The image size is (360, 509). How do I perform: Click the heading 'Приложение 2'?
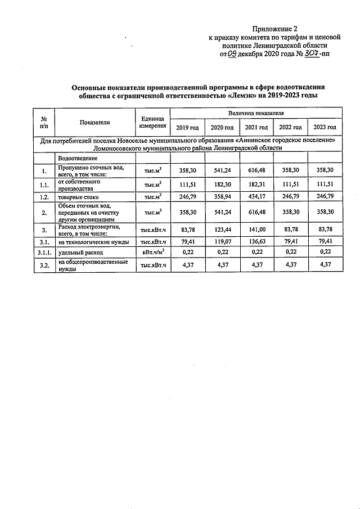tap(274, 28)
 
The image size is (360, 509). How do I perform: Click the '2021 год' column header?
tap(256, 128)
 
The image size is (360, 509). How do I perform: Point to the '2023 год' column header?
tap(325, 128)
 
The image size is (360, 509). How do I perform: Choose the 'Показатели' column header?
tap(94, 122)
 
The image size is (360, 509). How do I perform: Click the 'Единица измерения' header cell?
tap(151, 122)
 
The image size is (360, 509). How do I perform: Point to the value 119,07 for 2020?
tap(221, 242)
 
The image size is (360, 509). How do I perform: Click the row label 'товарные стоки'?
tap(78, 197)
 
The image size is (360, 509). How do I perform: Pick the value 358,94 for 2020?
tap(221, 197)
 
